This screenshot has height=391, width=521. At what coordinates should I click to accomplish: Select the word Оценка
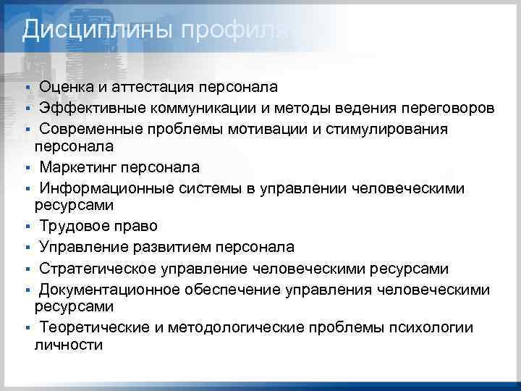[68, 88]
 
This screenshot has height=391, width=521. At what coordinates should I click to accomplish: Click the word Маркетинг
[79, 168]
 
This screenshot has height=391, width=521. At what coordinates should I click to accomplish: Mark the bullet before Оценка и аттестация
[26, 88]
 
